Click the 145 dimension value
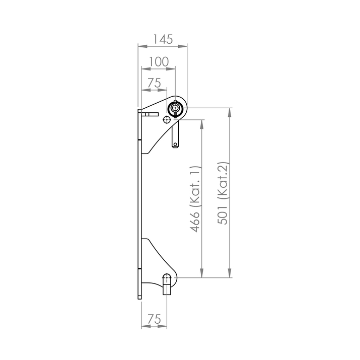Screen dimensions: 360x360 click(163, 39)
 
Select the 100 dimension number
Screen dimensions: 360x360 click(159, 62)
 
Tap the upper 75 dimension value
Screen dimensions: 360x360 click(154, 83)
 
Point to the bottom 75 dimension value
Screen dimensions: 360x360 click(154, 319)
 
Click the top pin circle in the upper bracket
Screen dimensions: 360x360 click(176, 108)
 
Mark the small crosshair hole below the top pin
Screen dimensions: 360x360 click(166, 120)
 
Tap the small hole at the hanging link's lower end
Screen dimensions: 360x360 click(175, 145)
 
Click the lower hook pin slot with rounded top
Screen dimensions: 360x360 click(167, 278)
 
